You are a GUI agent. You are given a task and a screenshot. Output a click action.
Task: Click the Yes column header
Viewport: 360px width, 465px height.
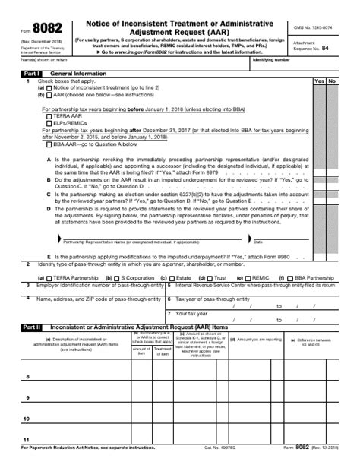(x=319, y=81)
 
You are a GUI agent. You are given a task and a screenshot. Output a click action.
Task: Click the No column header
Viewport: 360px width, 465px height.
(x=332, y=81)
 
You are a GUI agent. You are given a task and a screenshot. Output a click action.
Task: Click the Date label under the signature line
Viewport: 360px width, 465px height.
(x=257, y=242)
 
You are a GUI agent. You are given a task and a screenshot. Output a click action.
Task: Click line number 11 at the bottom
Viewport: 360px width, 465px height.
(x=27, y=440)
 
